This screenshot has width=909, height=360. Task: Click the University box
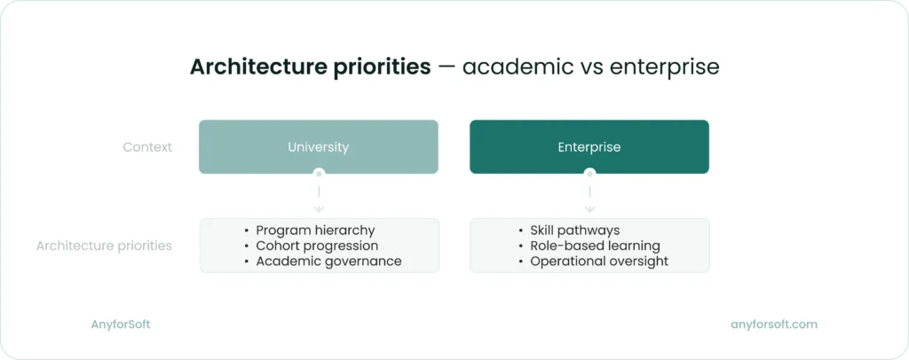pyautogui.click(x=318, y=147)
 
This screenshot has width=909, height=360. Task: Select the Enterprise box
pyautogui.click(x=589, y=147)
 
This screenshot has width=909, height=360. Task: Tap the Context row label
pyautogui.click(x=147, y=147)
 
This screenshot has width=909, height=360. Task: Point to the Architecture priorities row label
pyautogui.click(x=104, y=246)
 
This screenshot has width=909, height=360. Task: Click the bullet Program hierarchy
pyautogui.click(x=315, y=230)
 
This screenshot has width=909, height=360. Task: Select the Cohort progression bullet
pyautogui.click(x=317, y=246)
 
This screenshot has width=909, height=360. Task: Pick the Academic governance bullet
pyautogui.click(x=328, y=262)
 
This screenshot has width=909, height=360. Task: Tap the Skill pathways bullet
pyautogui.click(x=574, y=230)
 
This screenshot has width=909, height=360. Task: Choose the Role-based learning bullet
pyautogui.click(x=595, y=246)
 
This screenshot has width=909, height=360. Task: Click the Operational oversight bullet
pyautogui.click(x=599, y=262)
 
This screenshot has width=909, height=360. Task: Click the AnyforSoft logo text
pyautogui.click(x=121, y=325)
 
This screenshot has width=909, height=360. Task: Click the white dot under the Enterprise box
pyautogui.click(x=589, y=174)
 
